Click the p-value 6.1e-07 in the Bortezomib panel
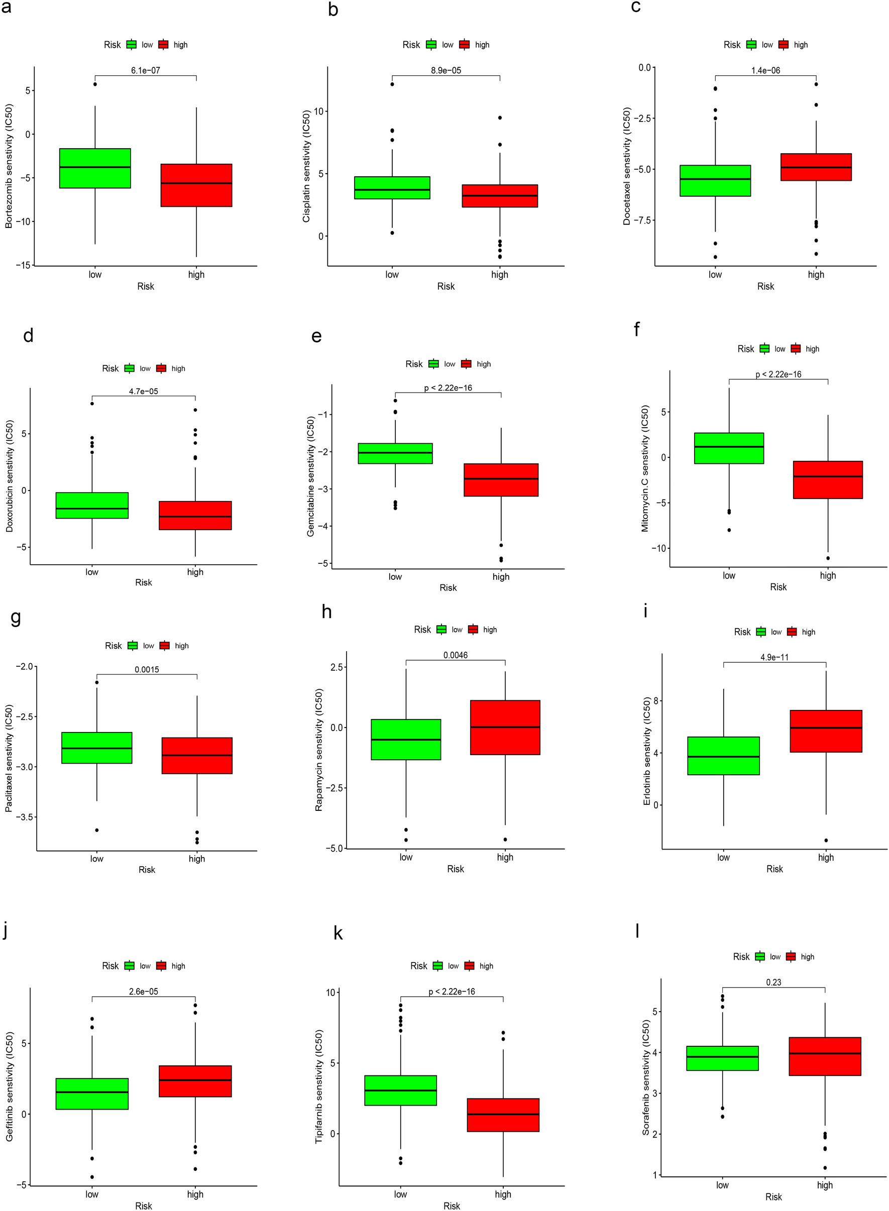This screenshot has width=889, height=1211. tap(145, 70)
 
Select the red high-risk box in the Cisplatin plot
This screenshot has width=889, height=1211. tap(499, 196)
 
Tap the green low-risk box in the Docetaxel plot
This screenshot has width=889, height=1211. tap(715, 181)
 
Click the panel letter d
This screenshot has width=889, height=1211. tap(28, 336)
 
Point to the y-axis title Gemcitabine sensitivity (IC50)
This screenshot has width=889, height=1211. tap(310, 476)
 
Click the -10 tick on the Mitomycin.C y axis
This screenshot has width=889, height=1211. tap(658, 548)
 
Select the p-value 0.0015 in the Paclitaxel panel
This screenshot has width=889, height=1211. tap(146, 669)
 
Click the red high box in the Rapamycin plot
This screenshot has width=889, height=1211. tap(505, 728)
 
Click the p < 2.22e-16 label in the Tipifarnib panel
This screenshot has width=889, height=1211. tap(452, 992)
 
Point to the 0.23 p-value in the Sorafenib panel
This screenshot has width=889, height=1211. tap(773, 983)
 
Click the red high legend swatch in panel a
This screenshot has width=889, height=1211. tap(163, 45)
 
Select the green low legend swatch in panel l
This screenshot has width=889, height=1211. tap(760, 956)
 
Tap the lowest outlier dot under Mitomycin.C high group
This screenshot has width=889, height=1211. tap(828, 558)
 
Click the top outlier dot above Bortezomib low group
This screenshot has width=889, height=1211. tap(95, 84)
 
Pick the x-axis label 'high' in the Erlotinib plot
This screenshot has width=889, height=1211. tap(826, 858)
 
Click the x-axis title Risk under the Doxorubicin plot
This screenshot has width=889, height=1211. tap(144, 582)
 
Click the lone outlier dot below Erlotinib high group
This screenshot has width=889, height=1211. tap(826, 840)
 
